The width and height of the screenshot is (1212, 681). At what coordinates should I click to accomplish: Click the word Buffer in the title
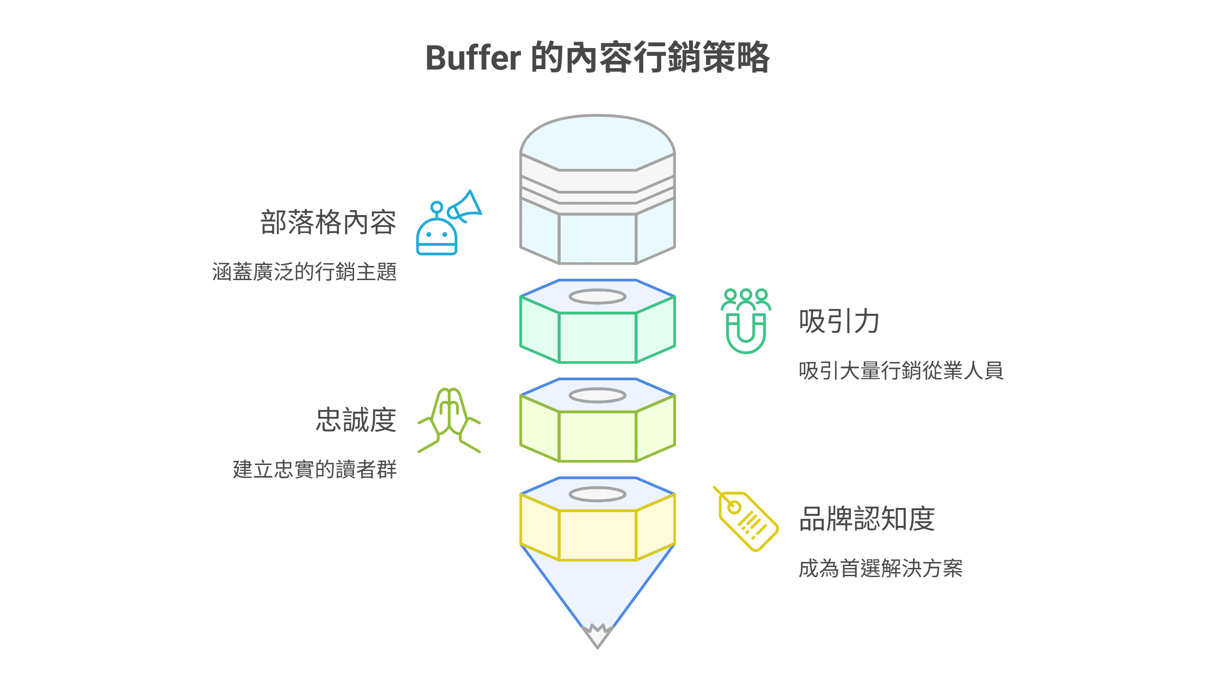473,58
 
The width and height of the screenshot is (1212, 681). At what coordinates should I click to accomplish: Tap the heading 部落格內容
328,222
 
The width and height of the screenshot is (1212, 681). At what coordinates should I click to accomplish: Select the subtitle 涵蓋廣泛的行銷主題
304,272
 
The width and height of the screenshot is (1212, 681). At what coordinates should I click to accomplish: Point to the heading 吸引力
839,321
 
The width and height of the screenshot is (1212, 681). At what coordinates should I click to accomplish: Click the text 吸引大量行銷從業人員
901,370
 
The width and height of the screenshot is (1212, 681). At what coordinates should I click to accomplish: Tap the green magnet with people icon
746,321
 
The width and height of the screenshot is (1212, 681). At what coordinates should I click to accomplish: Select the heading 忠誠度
356,420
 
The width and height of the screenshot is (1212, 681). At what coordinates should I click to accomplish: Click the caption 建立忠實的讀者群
314,469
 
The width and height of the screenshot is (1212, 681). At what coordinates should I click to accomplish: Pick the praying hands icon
449,420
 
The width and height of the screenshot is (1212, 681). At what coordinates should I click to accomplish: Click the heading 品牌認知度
867,519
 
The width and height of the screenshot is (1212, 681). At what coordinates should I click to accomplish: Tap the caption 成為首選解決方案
880,568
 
